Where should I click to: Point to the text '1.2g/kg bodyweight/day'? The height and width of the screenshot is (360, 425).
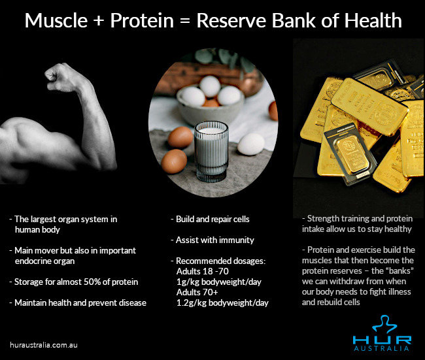[x=222, y=303]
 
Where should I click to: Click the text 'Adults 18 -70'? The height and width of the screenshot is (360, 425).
[x=203, y=271]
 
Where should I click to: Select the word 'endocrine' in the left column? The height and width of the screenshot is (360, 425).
[x=37, y=261]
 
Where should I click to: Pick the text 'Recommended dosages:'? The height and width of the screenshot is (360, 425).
[x=219, y=261]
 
